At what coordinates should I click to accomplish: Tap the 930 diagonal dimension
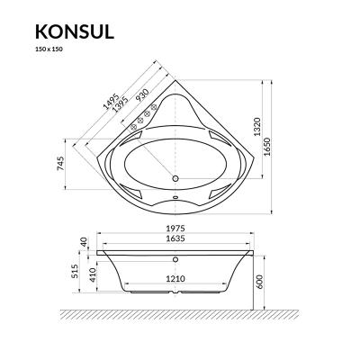[143, 97]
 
